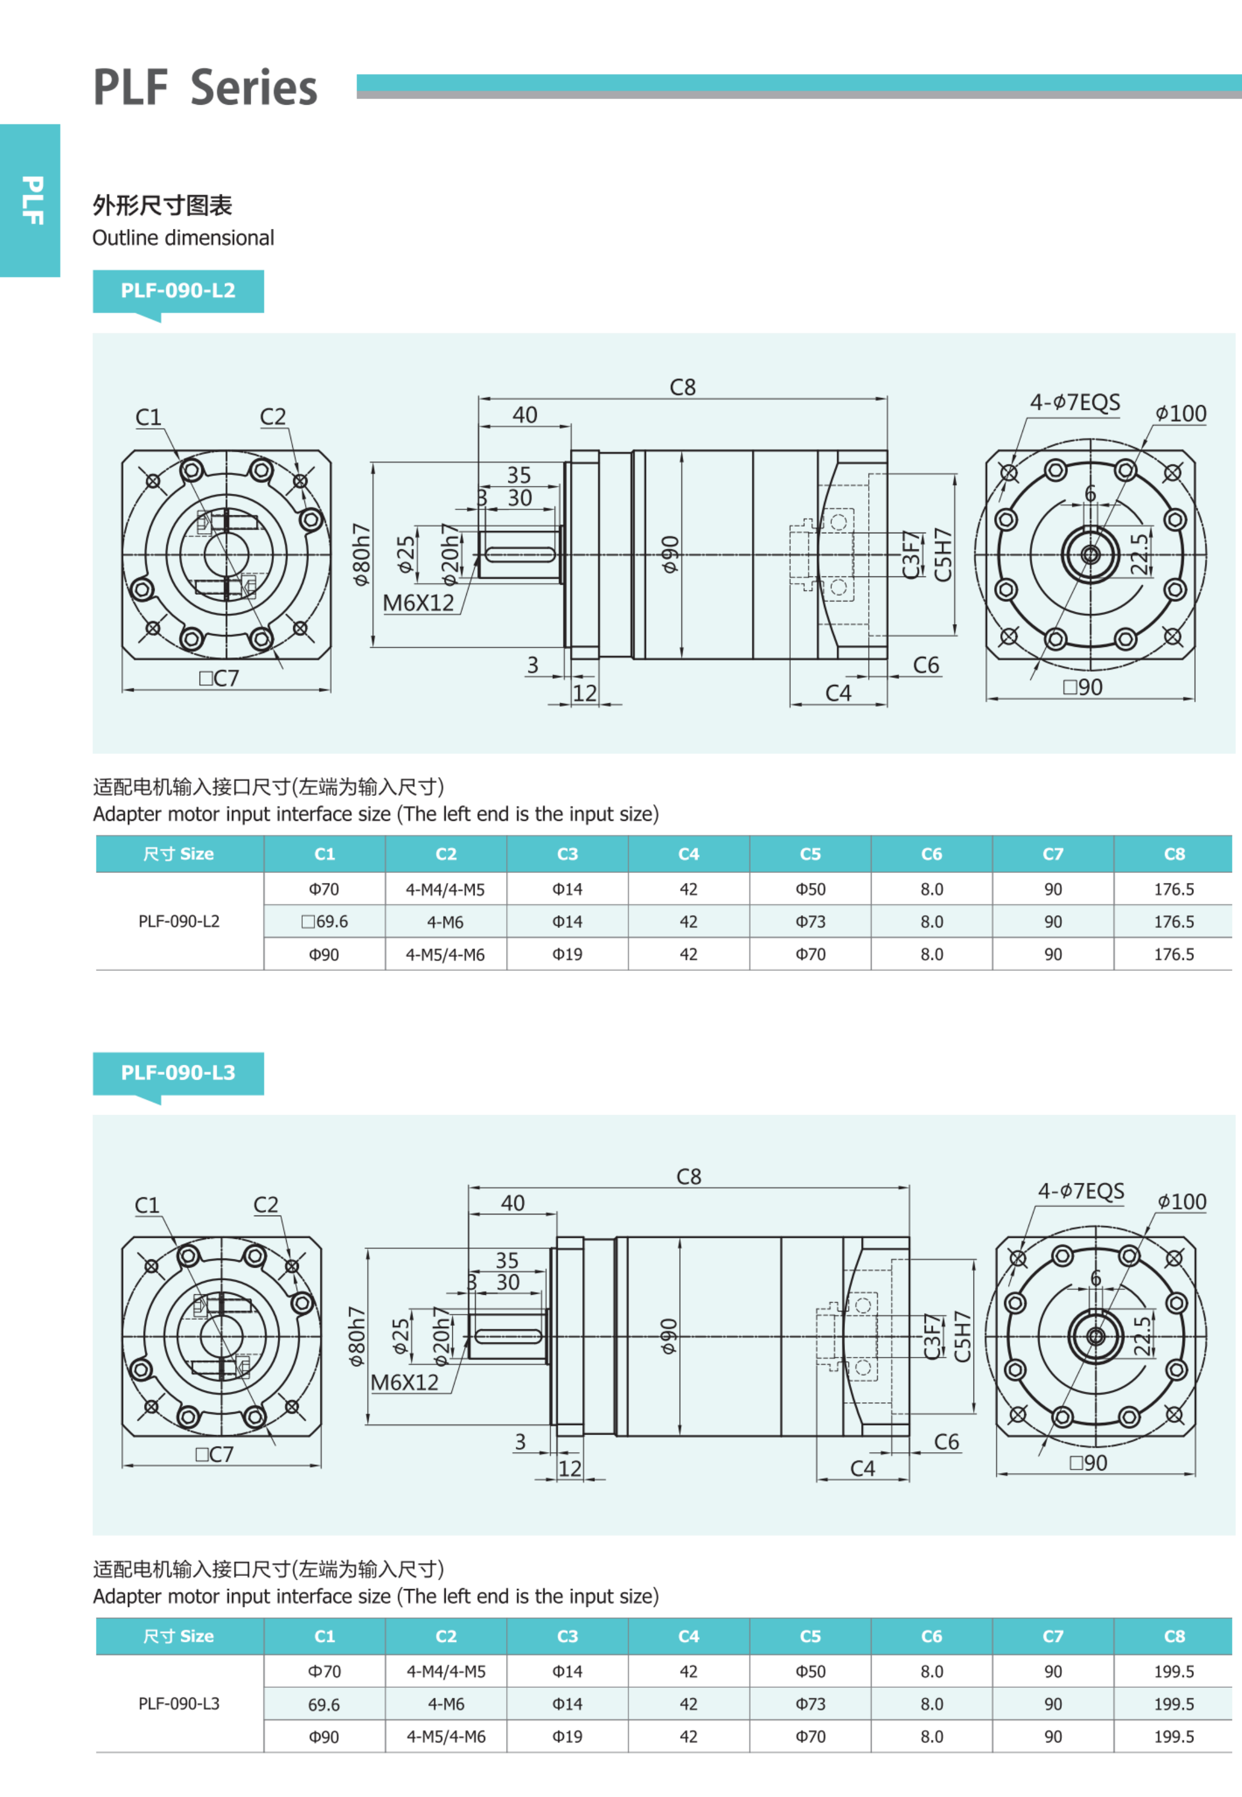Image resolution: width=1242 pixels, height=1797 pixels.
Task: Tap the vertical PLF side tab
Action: pyautogui.click(x=31, y=200)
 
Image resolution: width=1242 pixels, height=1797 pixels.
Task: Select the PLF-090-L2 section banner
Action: pyautogui.click(x=178, y=291)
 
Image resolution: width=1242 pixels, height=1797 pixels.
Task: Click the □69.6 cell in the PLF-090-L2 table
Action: pyautogui.click(x=324, y=922)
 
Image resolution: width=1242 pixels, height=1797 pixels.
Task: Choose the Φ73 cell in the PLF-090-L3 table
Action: pyautogui.click(x=810, y=1704)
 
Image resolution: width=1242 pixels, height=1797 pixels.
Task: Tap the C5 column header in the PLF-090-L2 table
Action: pyautogui.click(x=810, y=854)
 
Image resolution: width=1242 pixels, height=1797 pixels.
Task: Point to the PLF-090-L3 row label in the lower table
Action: pyautogui.click(x=179, y=1704)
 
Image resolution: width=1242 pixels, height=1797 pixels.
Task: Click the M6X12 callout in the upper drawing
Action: pyautogui.click(x=418, y=603)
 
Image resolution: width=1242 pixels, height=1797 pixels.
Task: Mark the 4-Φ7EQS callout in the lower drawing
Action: pyautogui.click(x=1081, y=1191)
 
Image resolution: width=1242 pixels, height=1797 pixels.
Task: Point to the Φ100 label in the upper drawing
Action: pyautogui.click(x=1180, y=414)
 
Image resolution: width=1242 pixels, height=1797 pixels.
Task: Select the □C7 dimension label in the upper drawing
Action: pyautogui.click(x=218, y=678)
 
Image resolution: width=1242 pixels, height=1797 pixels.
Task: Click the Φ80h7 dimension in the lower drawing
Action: pyautogui.click(x=357, y=1336)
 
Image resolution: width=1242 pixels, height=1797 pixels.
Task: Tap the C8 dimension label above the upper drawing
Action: pyautogui.click(x=683, y=387)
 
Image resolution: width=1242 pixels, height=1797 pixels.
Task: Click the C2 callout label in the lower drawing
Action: pyautogui.click(x=266, y=1204)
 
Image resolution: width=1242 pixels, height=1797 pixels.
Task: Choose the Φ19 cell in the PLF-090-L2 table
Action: pyautogui.click(x=567, y=954)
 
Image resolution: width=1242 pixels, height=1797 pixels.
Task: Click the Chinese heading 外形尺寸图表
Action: pyautogui.click(x=162, y=206)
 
